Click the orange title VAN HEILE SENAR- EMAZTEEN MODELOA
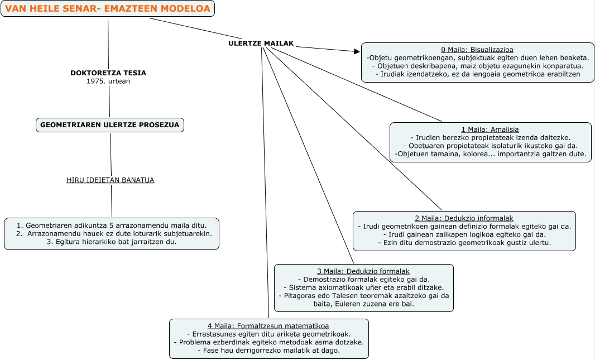click(108, 8)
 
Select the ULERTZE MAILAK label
click(261, 44)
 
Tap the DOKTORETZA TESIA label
click(108, 73)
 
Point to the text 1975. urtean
click(108, 81)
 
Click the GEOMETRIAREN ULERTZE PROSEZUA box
click(110, 125)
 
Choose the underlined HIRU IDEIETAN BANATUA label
click(110, 180)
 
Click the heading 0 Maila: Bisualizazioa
click(477, 50)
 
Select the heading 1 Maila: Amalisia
click(490, 129)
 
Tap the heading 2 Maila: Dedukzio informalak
click(464, 218)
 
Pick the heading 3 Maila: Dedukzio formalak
click(363, 271)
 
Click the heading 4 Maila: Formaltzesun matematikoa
click(268, 326)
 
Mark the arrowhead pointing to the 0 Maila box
click(357, 51)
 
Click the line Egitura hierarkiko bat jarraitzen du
click(112, 242)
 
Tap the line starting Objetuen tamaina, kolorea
click(490, 153)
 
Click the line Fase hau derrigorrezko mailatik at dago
click(268, 351)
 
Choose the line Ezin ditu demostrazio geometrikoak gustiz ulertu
click(464, 243)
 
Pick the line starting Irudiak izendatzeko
click(477, 74)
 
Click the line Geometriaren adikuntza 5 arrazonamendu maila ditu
click(112, 225)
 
